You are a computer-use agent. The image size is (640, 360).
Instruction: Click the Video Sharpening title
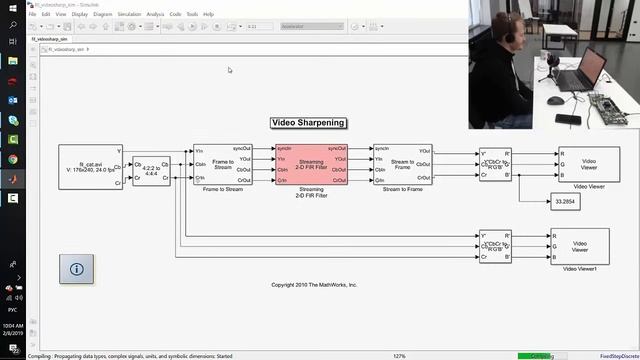click(309, 123)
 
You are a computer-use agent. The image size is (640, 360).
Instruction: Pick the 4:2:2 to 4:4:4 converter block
click(151, 165)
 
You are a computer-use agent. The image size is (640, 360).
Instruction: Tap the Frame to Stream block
click(223, 164)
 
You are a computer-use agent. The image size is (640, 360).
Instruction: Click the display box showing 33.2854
click(566, 202)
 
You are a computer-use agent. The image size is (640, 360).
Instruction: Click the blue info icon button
click(78, 268)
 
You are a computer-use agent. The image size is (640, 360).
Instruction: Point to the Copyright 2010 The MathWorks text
click(314, 285)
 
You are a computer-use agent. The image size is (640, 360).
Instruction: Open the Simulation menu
click(128, 15)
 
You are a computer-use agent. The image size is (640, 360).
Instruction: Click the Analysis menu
click(155, 15)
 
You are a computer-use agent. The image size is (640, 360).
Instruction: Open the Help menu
click(208, 15)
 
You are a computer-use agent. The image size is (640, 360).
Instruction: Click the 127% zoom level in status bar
click(399, 355)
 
